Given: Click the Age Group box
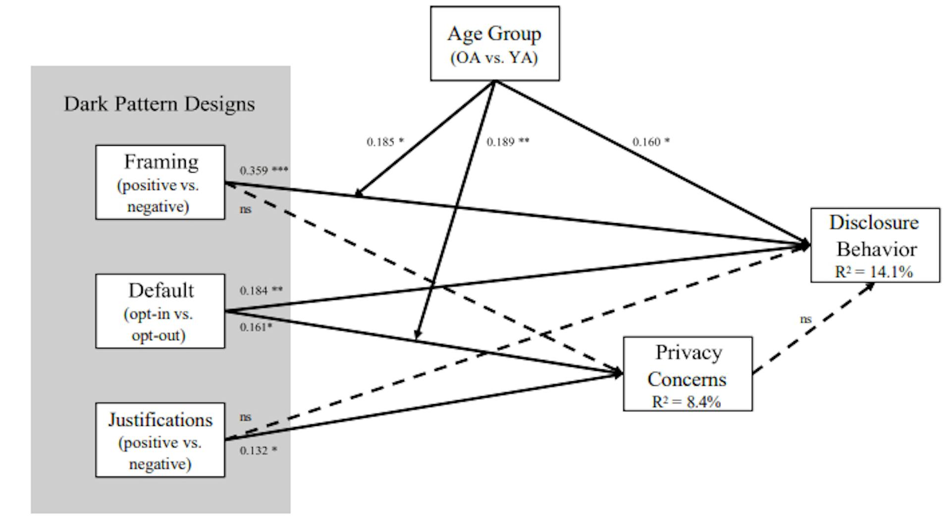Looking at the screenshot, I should click(494, 44).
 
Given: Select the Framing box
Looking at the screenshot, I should click(160, 182).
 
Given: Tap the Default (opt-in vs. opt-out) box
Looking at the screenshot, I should click(160, 311).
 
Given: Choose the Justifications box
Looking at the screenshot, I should click(160, 440).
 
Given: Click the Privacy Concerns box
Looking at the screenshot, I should click(687, 373).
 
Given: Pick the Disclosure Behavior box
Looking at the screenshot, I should click(875, 245).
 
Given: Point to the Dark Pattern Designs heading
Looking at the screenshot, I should click(159, 104).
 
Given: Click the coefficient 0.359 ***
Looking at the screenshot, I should click(264, 171).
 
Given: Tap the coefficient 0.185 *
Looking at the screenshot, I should click(385, 142).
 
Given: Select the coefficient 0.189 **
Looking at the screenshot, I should click(508, 142).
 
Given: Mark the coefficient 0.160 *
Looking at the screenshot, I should click(651, 142).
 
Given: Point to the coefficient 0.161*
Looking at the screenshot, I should click(256, 328).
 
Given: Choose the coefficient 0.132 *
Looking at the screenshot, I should click(259, 451).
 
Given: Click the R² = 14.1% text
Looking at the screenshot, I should click(874, 272).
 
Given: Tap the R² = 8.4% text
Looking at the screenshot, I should click(686, 402).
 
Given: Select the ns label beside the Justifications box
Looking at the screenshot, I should click(246, 417).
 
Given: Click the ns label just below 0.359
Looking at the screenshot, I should click(246, 209).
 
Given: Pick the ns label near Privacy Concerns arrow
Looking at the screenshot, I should click(806, 319).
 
